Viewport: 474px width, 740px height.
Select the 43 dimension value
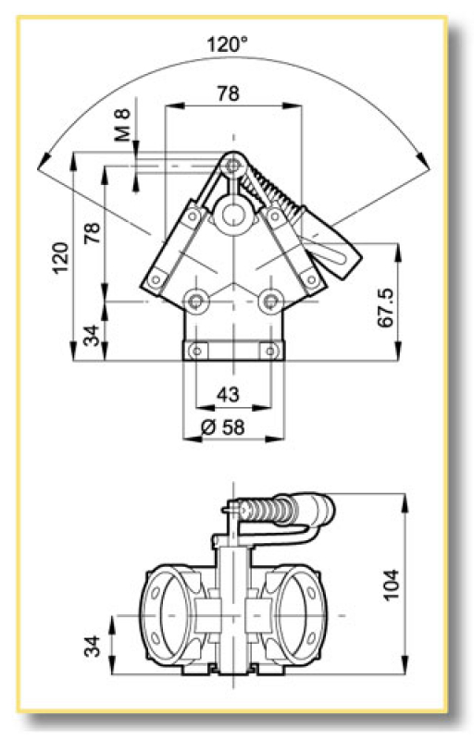pyautogui.click(x=228, y=394)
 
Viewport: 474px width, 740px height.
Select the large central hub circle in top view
pyautogui.click(x=231, y=218)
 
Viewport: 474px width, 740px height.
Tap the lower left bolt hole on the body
pyautogui.click(x=196, y=301)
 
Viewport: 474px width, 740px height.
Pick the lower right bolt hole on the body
pyautogui.click(x=269, y=301)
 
